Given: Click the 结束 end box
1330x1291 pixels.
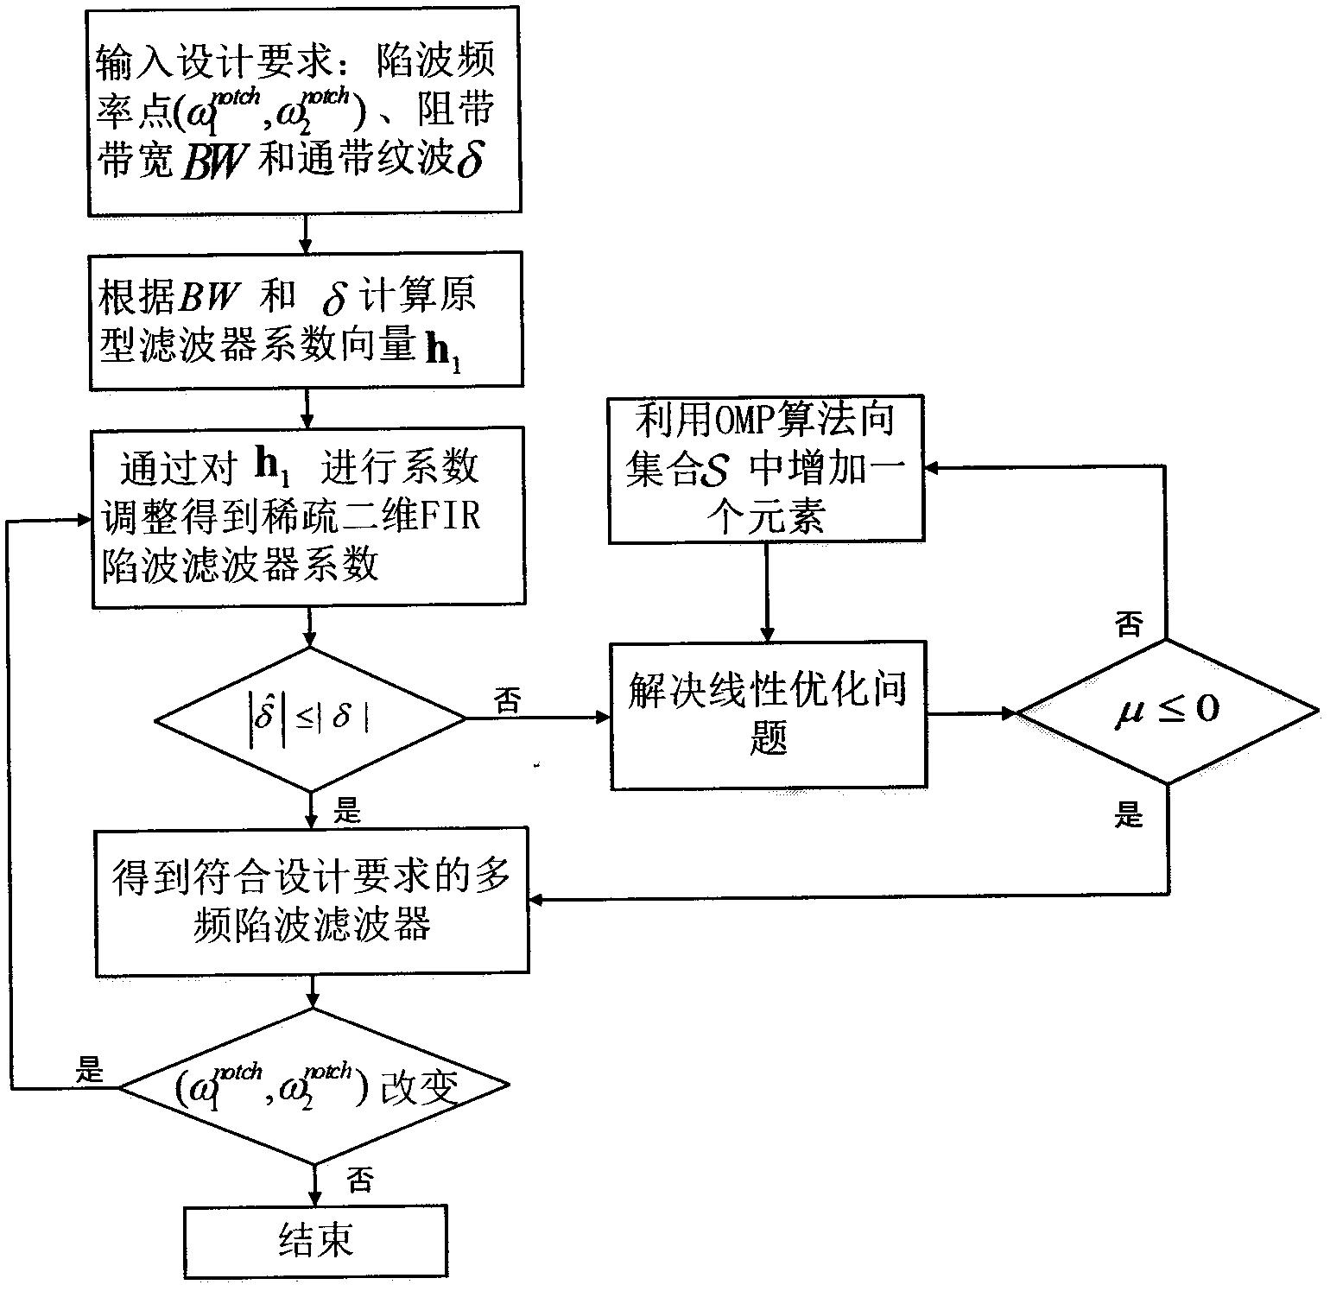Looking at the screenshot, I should click(316, 1242).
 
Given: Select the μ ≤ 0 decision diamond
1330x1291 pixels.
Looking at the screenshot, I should click(1168, 712).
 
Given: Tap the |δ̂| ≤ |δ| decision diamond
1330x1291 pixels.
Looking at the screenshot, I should click(310, 718).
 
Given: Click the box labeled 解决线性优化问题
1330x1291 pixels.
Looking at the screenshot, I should click(768, 714).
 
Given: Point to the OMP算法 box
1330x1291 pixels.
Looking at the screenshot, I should click(766, 469).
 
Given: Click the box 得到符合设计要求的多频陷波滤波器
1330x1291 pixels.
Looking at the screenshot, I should click(312, 902).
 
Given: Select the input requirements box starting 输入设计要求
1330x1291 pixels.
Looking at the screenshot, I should click(305, 111).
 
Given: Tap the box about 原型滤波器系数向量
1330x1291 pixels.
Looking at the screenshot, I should click(306, 320).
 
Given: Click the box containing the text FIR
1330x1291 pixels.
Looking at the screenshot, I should click(308, 516).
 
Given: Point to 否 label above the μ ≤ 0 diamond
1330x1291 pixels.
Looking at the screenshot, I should click(1129, 624).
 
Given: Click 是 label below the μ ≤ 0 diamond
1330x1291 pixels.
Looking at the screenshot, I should click(1129, 813).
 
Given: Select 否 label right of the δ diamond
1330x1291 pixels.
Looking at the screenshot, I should click(508, 700).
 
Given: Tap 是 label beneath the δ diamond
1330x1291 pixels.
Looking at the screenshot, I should click(347, 810).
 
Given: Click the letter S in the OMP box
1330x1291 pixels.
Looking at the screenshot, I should click(717, 473).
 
